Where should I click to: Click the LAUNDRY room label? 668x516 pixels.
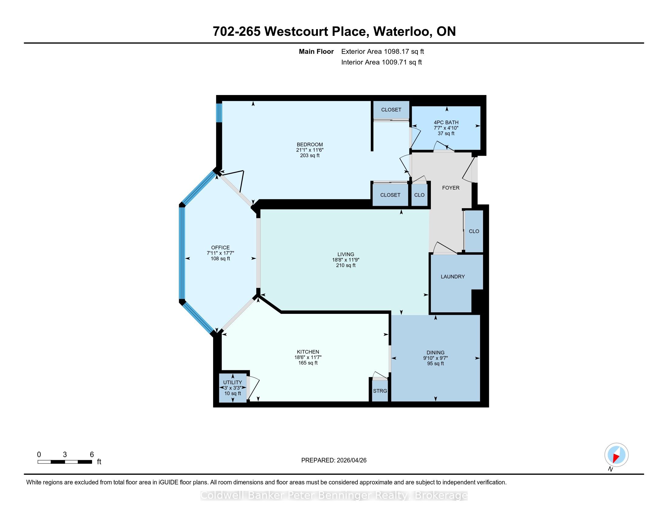coord(453,277)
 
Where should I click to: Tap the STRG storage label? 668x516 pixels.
coord(380,391)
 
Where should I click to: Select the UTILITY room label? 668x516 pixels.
coord(233,382)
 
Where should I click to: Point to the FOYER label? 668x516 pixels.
coord(451,188)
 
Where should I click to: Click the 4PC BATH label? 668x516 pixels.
coord(446,122)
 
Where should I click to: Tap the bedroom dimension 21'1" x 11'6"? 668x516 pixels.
coord(310,150)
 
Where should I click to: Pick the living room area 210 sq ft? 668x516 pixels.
coord(346,265)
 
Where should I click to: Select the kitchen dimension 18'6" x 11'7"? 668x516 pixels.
coord(308,357)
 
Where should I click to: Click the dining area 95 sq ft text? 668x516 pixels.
coord(435,363)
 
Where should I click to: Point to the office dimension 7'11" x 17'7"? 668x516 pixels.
coord(220,253)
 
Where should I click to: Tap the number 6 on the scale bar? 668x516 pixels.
coord(92,455)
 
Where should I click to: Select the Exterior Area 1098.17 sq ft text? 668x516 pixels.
coord(383,52)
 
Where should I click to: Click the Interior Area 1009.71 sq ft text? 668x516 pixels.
coord(381,62)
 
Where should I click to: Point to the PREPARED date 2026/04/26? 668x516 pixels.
coord(351,460)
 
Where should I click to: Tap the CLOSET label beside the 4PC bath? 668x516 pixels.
coord(391,110)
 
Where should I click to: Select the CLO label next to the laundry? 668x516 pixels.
coord(474,231)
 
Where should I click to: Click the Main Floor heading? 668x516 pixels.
coord(316,52)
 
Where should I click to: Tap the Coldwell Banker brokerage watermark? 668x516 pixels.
coord(334,496)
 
